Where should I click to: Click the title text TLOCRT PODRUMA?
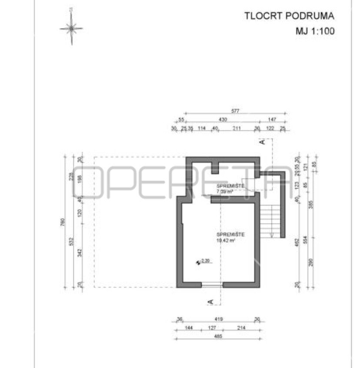click(x=290, y=17)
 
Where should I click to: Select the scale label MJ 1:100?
click(x=315, y=31)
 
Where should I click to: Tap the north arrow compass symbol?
click(x=71, y=29)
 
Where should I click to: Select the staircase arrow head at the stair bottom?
click(x=271, y=235)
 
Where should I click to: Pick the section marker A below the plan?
click(x=210, y=301)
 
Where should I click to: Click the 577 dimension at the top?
click(x=235, y=111)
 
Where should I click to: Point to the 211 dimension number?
click(x=237, y=128)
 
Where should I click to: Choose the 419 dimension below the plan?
click(x=218, y=320)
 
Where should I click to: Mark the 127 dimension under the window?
click(x=213, y=328)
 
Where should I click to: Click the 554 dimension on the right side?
click(x=306, y=240)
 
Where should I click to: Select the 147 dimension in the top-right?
click(x=272, y=119)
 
